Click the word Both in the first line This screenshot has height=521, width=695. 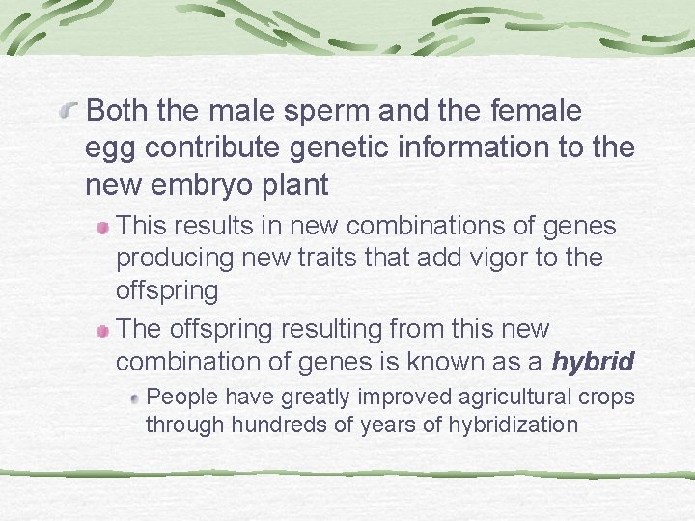(x=118, y=112)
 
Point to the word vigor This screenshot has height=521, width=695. (x=513, y=258)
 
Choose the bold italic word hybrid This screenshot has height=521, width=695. (x=592, y=363)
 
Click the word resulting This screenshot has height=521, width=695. (x=332, y=330)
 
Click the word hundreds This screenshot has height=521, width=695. (x=256, y=425)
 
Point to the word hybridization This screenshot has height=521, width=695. (x=513, y=425)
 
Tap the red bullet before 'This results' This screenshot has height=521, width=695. (x=102, y=228)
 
